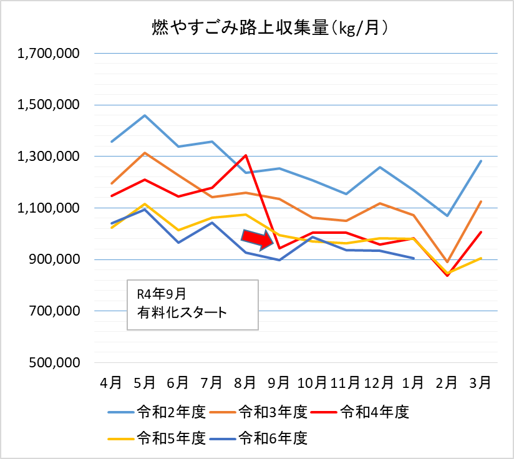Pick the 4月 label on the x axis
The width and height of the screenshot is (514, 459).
[111, 380]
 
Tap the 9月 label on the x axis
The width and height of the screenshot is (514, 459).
[279, 380]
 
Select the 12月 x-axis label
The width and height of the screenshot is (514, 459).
[379, 380]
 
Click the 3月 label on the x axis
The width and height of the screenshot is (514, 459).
[480, 380]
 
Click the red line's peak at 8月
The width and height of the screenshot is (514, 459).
[246, 155]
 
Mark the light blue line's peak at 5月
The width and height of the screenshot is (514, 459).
[145, 115]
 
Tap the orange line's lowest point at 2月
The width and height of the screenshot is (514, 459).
[447, 262]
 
